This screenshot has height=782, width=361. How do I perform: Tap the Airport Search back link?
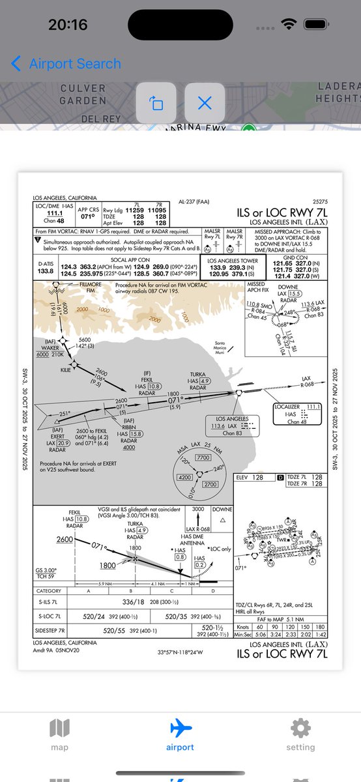(66, 64)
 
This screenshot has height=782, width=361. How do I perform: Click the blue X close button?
(205, 103)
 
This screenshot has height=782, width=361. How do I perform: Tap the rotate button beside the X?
(157, 103)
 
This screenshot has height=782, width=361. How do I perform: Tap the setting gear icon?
(300, 728)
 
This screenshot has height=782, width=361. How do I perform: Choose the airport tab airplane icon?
(180, 728)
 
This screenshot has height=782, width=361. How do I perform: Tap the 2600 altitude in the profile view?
(65, 540)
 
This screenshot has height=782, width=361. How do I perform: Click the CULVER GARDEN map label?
(83, 94)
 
